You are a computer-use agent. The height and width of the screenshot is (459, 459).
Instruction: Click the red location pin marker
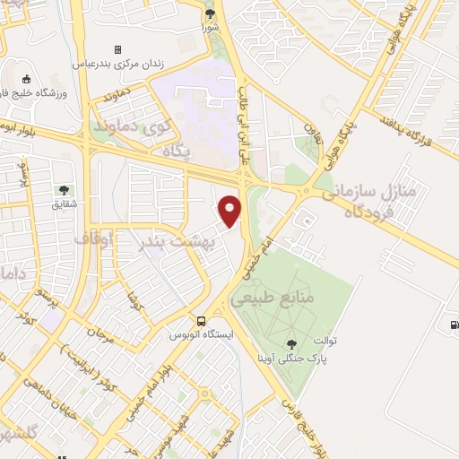coord(231,209)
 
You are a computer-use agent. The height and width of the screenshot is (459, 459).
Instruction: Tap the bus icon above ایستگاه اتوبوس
coord(202,321)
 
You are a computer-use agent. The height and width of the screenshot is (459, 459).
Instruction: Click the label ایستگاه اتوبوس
coord(202,334)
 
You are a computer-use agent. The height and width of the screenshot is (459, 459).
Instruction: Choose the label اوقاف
coord(116,239)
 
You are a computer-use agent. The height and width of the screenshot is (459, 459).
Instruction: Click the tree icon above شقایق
coord(64,189)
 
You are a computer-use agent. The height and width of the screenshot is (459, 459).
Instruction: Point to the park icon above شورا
coord(210,13)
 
